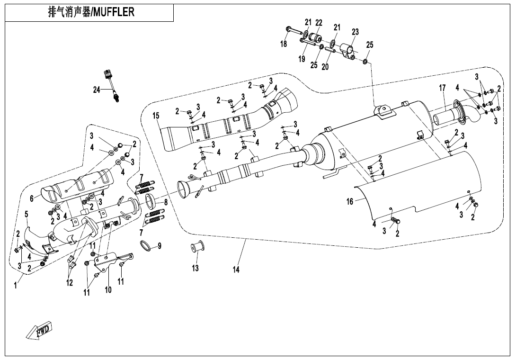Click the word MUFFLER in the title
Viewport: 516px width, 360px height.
coord(114,12)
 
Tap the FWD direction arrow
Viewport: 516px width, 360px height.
coord(40,330)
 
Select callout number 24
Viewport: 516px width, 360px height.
coord(97,90)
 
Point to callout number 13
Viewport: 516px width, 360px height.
coord(196,268)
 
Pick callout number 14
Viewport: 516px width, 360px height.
coord(236,270)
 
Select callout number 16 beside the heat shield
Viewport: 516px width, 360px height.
coord(350,201)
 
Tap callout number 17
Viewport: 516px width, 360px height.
coord(442,88)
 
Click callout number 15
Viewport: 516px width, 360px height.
coord(156,116)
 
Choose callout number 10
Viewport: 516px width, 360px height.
coord(108,290)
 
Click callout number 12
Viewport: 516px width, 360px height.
coord(70,283)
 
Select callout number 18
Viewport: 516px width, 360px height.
coord(284,44)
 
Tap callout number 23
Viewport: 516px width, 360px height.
coord(355,32)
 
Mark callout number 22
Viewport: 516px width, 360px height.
coord(319,23)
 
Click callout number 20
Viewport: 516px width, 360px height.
coord(325,67)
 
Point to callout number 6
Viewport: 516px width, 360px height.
coord(32,198)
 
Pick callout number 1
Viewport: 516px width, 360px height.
coord(16,286)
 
